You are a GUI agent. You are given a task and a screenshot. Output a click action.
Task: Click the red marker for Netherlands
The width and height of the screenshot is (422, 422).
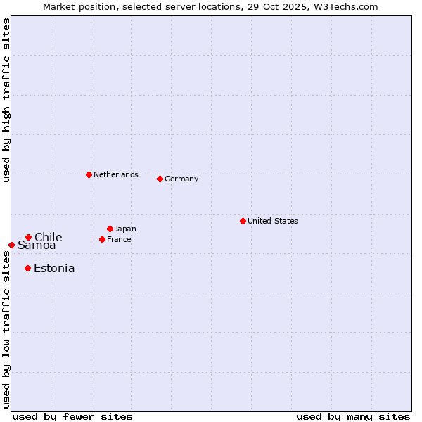pyautogui.click(x=89, y=174)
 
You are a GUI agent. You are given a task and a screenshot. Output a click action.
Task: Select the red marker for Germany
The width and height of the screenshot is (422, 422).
pyautogui.click(x=160, y=179)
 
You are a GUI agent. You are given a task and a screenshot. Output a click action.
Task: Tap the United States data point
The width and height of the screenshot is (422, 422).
pyautogui.click(x=243, y=221)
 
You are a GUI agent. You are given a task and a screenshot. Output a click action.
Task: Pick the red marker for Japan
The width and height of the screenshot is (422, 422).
pyautogui.click(x=110, y=229)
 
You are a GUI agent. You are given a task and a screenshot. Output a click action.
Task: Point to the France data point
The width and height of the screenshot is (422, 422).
pyautogui.click(x=102, y=239)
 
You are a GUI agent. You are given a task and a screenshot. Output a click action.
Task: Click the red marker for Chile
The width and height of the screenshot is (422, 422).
pyautogui.click(x=28, y=237)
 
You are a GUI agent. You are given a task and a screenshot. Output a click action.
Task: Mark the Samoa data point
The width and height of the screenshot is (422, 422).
pyautogui.click(x=11, y=245)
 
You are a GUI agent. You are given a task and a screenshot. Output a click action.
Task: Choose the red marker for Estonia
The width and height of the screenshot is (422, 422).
pyautogui.click(x=27, y=268)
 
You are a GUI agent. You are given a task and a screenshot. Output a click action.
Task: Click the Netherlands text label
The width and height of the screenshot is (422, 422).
pyautogui.click(x=116, y=174)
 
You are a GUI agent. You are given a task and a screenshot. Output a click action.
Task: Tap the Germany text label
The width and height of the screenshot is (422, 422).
pyautogui.click(x=181, y=179)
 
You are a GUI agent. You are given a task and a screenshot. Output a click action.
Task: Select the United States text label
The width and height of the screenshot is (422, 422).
pyautogui.click(x=273, y=221)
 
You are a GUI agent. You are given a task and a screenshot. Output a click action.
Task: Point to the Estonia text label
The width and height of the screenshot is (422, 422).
pyautogui.click(x=54, y=268)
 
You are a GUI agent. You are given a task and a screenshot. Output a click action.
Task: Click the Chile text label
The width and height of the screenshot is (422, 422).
pyautogui.click(x=49, y=237)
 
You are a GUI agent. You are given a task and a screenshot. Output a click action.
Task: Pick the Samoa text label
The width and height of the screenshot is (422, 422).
pyautogui.click(x=37, y=245)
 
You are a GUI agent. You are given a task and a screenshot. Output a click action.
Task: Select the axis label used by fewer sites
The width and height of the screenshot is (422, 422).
pyautogui.click(x=72, y=416)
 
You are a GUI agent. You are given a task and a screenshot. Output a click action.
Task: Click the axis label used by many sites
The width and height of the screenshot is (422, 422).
pyautogui.click(x=353, y=416)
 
